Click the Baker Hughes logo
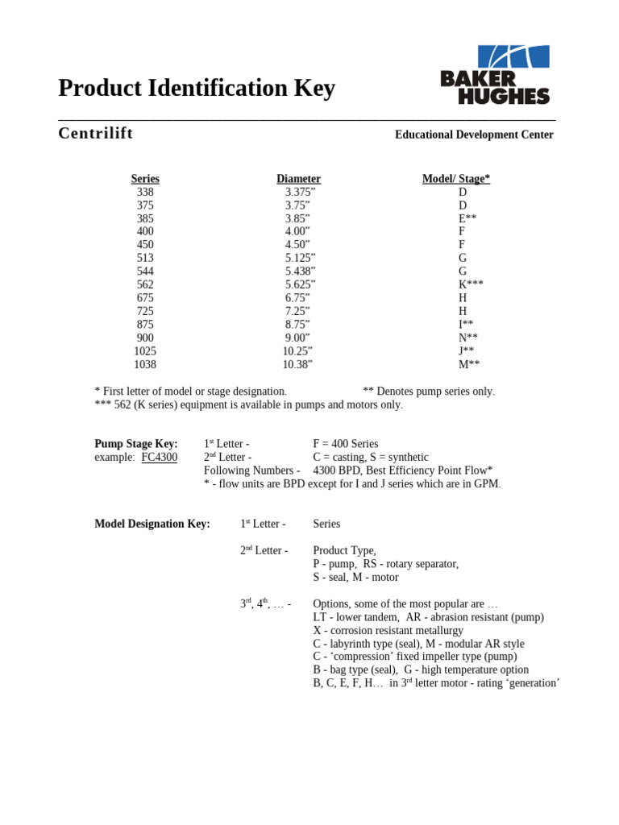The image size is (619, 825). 495,75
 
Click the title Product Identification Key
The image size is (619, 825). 197,88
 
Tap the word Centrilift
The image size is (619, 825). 95,133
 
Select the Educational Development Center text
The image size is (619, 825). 474,135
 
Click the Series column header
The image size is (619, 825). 145,179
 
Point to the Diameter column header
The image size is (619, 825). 298,179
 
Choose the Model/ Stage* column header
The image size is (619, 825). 456,179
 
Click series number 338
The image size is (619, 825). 145,192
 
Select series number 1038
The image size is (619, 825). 145,364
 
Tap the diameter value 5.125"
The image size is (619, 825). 300,258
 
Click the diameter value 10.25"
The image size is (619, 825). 297,351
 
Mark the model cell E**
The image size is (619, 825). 467,218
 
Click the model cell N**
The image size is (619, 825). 468,338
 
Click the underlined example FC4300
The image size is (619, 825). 159,458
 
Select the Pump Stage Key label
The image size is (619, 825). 136,444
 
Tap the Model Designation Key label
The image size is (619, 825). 152,524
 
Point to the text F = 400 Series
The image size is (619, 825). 345,444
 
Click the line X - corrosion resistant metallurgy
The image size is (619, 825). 388,630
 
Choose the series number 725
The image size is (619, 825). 145,311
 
